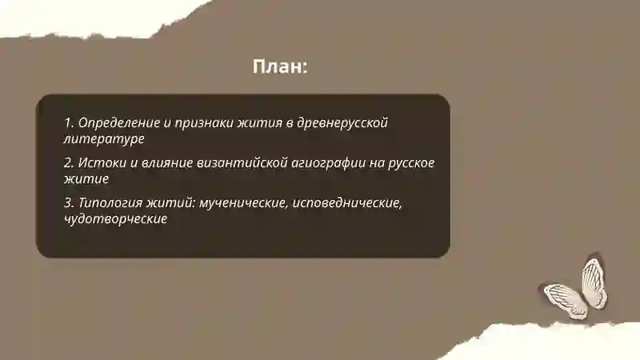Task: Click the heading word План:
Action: [280, 67]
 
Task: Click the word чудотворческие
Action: [115, 218]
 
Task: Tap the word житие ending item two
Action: [86, 178]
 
